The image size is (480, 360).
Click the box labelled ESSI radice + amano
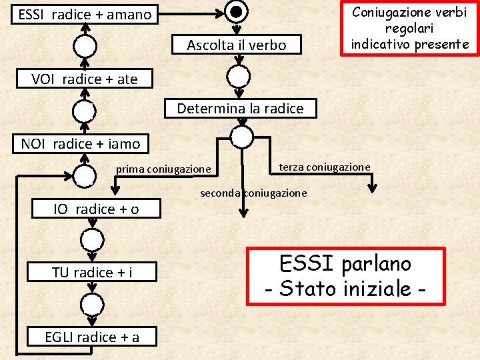tap(85, 14)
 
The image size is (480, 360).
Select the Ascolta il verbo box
tap(236, 45)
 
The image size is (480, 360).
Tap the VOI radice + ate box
tap(85, 79)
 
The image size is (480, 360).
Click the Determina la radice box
tap(240, 108)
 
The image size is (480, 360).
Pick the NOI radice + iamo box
tap(81, 143)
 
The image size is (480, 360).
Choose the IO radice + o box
tap(96, 209)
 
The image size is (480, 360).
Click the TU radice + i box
tap(92, 272)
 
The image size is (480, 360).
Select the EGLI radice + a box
tap(92, 337)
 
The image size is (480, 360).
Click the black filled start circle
tap(236, 11)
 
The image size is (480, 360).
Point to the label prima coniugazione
tap(163, 169)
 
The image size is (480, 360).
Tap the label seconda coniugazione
tap(254, 193)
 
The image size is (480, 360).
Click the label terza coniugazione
tap(324, 167)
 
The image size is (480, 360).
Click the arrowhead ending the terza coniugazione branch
tap(373, 188)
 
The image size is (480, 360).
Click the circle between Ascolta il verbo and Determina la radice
tap(238, 76)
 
